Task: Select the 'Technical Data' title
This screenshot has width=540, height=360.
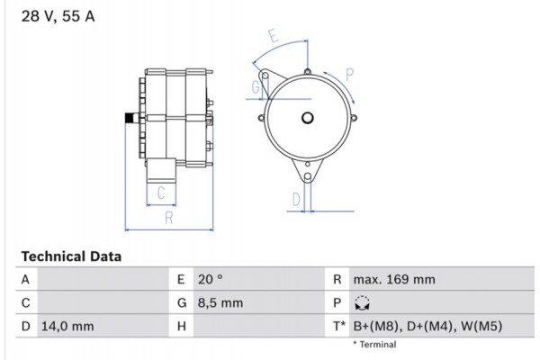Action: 70,256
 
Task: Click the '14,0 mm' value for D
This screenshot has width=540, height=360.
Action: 67,326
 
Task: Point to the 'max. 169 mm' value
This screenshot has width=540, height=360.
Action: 394,280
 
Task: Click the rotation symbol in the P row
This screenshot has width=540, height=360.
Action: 363,303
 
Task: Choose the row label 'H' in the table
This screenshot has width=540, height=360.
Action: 182,326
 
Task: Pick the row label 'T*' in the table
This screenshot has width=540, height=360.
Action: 338,326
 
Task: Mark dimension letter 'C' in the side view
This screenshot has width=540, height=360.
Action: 161,192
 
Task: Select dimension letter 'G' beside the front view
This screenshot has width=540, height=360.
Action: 256,87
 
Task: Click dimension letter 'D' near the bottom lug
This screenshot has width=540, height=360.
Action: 295,200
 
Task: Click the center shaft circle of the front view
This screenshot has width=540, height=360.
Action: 307,117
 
